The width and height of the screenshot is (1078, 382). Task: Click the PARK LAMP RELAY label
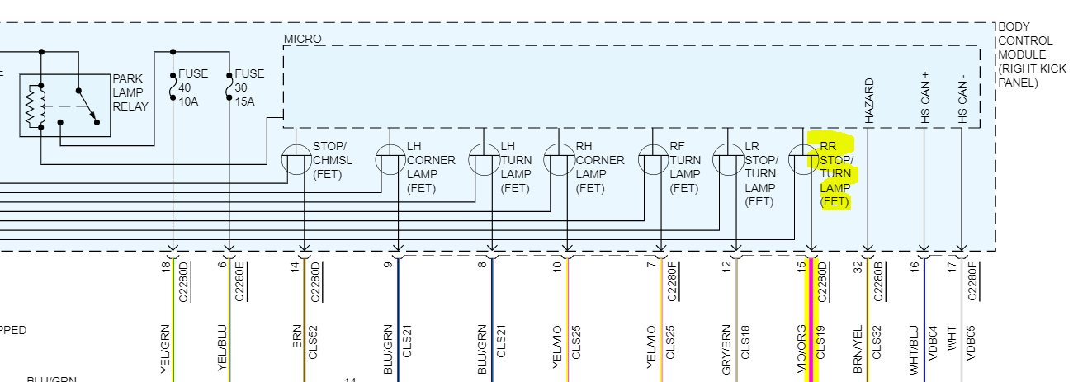130,93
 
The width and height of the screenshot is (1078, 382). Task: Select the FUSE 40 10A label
193,87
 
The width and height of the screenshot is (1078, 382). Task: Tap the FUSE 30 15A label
249,87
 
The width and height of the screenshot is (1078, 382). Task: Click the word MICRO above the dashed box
302,39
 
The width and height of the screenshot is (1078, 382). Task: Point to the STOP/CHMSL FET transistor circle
296,159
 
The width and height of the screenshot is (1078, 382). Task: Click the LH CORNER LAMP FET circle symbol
390,159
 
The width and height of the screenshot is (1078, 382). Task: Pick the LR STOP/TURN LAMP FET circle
728,159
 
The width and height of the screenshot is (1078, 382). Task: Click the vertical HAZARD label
869,101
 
